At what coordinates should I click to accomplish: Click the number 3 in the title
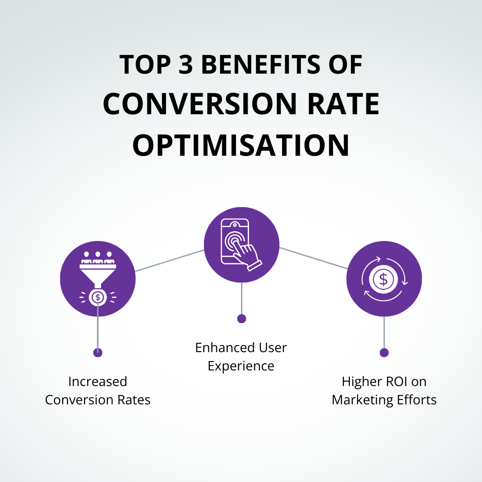(x=186, y=65)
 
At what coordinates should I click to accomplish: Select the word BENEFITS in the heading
(x=260, y=65)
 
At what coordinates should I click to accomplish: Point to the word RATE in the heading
(x=344, y=104)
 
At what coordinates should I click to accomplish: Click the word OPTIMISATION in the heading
(x=241, y=145)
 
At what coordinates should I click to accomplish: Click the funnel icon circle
(x=98, y=278)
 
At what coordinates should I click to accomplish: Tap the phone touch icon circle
(x=241, y=245)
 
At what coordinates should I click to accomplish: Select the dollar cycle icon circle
(x=384, y=278)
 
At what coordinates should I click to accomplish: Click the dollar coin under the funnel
(x=98, y=297)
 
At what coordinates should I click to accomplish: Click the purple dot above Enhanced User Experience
(x=241, y=319)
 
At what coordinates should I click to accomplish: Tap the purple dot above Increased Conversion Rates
(x=98, y=353)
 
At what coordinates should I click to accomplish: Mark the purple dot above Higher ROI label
(x=384, y=353)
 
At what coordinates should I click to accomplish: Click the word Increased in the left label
(x=98, y=382)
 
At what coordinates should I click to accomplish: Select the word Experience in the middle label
(x=241, y=366)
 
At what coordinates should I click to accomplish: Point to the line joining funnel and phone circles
(x=170, y=261)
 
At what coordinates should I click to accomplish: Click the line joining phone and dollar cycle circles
(x=313, y=258)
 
